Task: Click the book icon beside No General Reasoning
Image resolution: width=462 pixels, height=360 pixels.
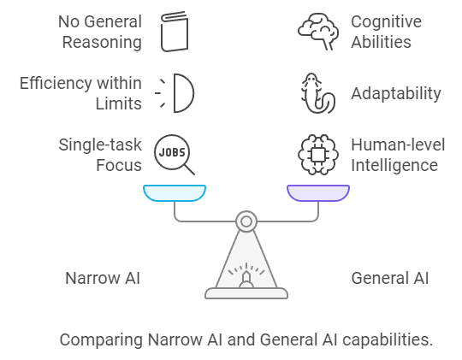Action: [175, 31]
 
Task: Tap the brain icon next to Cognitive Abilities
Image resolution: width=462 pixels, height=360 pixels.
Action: [317, 31]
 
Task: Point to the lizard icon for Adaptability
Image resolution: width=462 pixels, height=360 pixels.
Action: [317, 93]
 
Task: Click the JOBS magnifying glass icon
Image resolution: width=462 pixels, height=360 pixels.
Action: [174, 155]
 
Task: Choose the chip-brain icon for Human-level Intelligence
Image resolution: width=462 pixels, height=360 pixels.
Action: [317, 155]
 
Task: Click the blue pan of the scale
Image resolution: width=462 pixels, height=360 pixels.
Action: [175, 192]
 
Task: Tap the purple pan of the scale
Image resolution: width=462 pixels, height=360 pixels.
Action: [317, 192]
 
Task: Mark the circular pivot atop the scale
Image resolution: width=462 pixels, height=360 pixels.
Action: [246, 221]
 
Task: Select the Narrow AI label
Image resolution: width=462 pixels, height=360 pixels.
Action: [102, 278]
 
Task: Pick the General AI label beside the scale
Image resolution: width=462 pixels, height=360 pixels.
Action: [390, 278]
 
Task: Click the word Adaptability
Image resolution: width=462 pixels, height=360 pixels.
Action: [396, 93]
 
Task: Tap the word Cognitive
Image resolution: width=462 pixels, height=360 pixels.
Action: [386, 21]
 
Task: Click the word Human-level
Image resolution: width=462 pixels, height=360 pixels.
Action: [398, 144]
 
